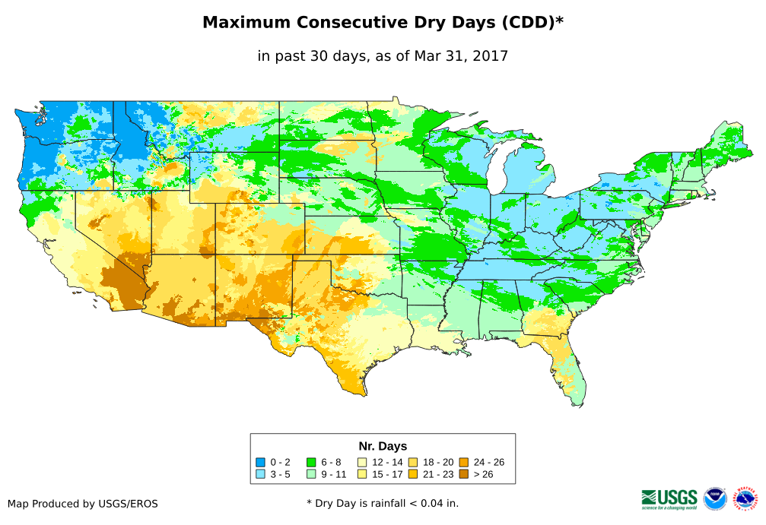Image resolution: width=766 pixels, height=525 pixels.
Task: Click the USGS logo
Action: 669,498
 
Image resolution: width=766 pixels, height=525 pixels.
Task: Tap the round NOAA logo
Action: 715,498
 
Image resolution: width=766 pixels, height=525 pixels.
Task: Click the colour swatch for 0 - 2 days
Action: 261,462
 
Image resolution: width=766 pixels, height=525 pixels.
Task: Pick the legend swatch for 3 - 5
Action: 261,474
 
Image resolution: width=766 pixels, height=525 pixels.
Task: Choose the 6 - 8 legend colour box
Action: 311,462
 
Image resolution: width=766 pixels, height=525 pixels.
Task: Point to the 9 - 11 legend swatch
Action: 311,474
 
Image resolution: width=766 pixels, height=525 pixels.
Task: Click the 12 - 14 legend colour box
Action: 362,462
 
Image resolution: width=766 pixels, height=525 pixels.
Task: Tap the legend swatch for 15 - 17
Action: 362,474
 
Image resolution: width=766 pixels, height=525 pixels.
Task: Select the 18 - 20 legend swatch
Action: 412,462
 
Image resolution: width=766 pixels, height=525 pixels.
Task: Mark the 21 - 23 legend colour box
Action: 412,474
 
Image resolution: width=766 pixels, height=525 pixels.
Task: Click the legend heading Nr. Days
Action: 383,446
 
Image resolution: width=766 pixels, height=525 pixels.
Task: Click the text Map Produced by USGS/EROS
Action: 83,503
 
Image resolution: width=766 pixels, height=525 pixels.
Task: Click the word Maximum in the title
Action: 245,23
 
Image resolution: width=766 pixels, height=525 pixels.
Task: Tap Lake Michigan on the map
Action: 496,172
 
